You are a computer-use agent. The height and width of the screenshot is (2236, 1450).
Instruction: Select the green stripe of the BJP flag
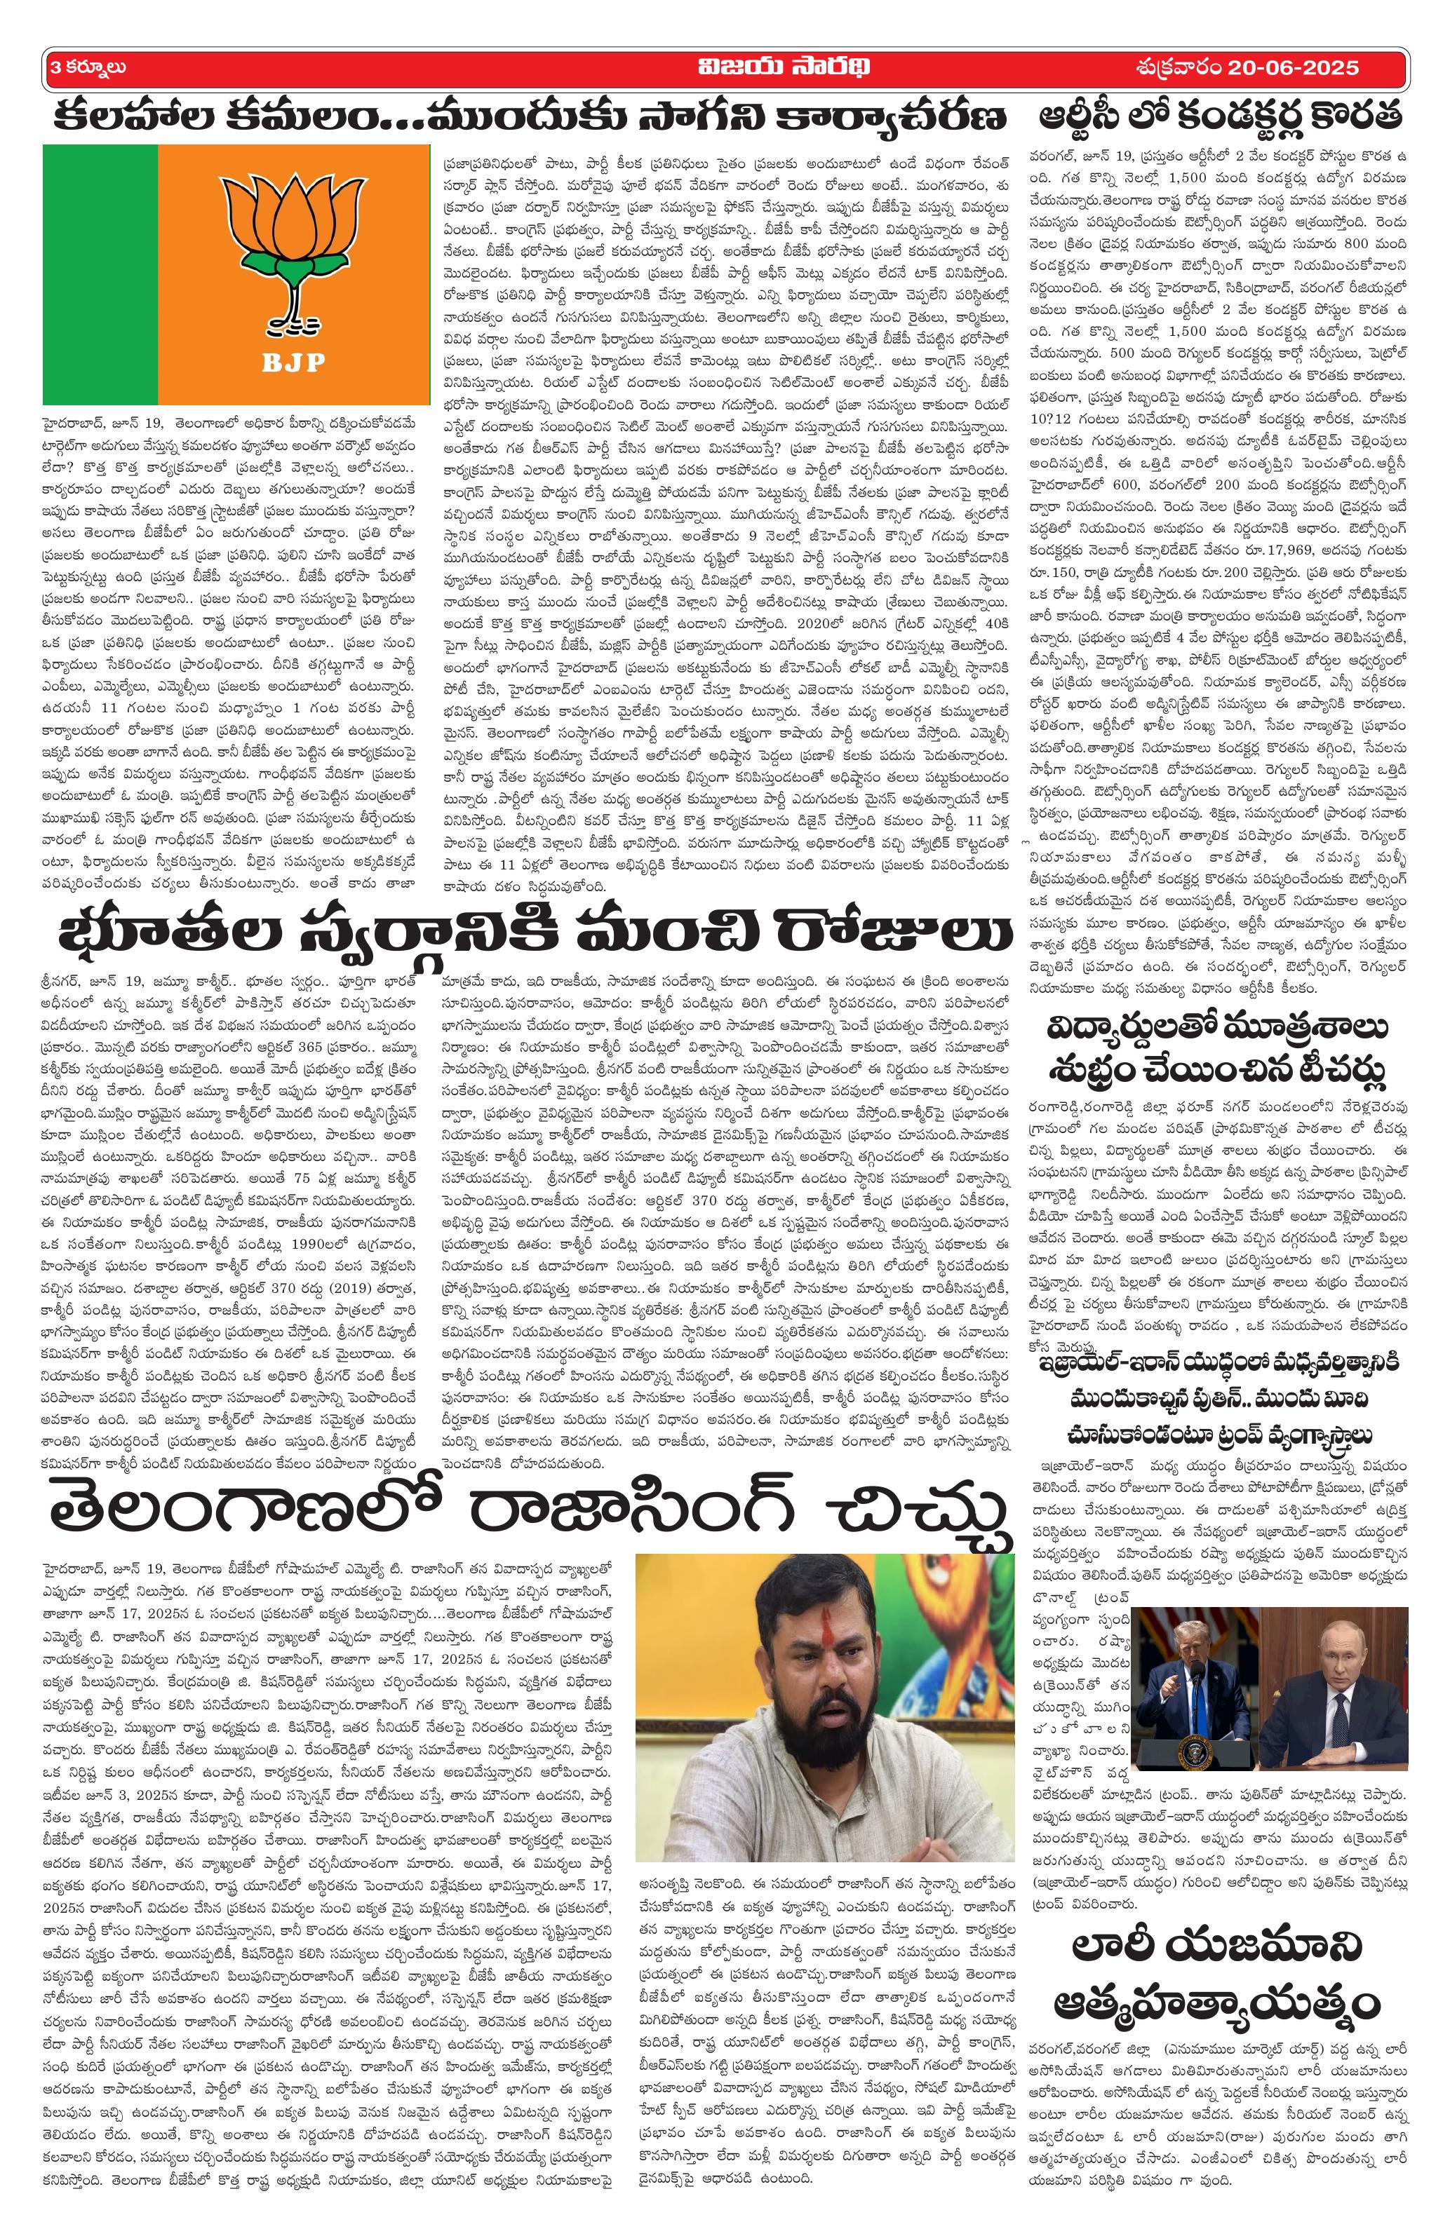[x=100, y=273]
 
